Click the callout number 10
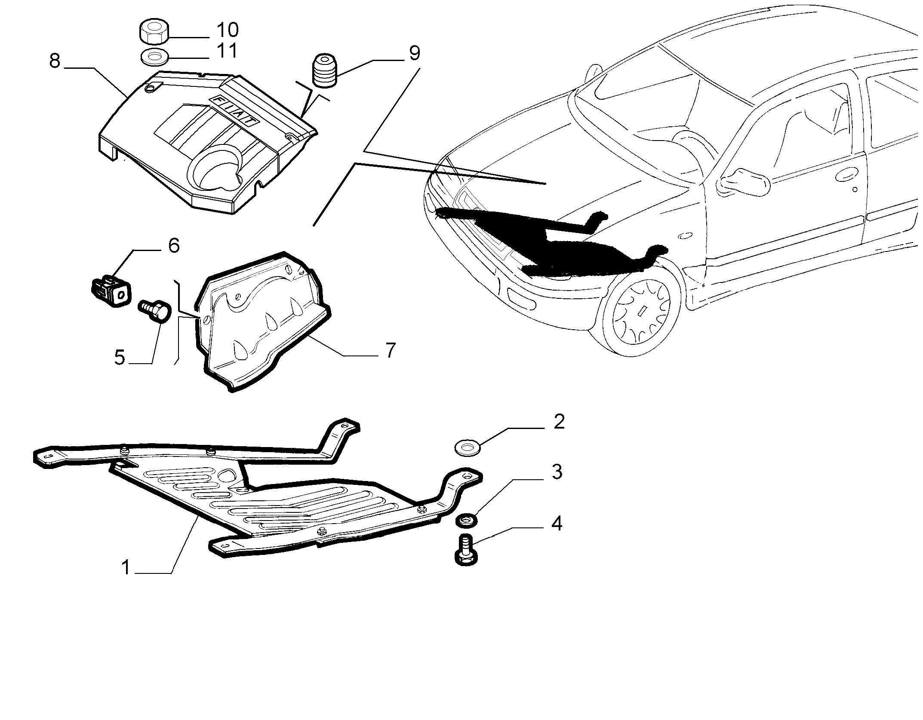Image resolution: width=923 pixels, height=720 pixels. click(228, 30)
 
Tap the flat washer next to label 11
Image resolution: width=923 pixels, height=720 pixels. click(154, 57)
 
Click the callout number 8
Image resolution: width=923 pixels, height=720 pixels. click(55, 61)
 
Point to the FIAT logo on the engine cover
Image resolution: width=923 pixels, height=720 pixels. click(235, 110)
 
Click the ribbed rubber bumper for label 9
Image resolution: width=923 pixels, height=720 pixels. click(325, 71)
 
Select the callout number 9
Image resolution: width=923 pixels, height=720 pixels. click(414, 53)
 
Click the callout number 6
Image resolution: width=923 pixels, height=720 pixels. click(174, 246)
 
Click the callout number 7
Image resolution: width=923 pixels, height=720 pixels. click(390, 351)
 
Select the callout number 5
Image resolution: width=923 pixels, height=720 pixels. click(120, 358)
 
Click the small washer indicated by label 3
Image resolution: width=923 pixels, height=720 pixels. click(467, 521)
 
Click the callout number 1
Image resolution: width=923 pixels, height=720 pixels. click(126, 568)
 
